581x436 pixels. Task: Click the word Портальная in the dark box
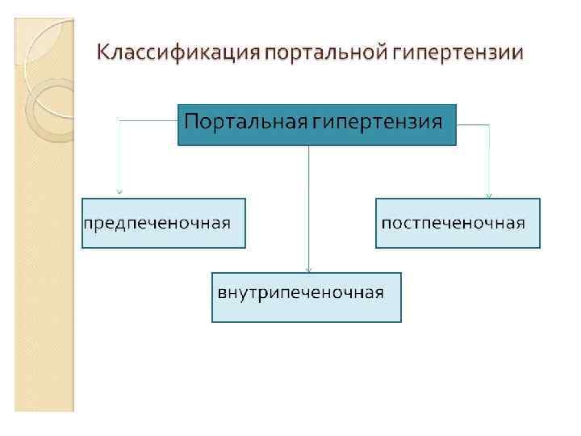(x=243, y=123)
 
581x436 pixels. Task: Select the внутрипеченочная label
(x=300, y=291)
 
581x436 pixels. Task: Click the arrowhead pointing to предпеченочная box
(x=119, y=192)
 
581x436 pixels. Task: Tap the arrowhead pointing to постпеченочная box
(x=488, y=194)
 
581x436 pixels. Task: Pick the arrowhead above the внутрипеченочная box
(x=308, y=270)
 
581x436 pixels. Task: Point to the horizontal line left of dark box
(x=148, y=120)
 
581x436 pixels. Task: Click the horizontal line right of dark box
(x=473, y=125)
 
